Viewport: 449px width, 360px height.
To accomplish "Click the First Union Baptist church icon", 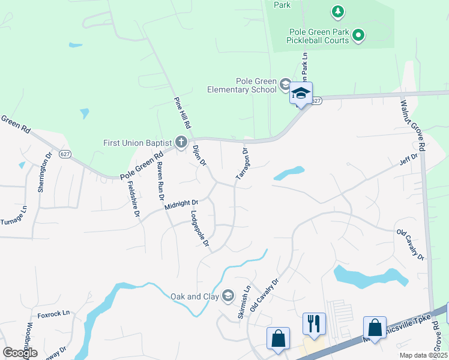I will pos(182,143).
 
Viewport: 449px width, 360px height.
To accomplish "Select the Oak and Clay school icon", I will pos(228,295).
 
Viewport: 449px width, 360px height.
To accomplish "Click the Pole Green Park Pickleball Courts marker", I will pos(358,35).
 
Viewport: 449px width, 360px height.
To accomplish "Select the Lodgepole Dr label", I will pos(199,229).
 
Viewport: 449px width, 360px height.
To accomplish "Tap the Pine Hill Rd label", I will pos(182,113).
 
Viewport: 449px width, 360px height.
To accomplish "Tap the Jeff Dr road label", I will pos(408,160).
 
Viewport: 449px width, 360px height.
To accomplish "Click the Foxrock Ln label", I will pos(53,313).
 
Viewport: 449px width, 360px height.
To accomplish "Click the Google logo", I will pos(20,352).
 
